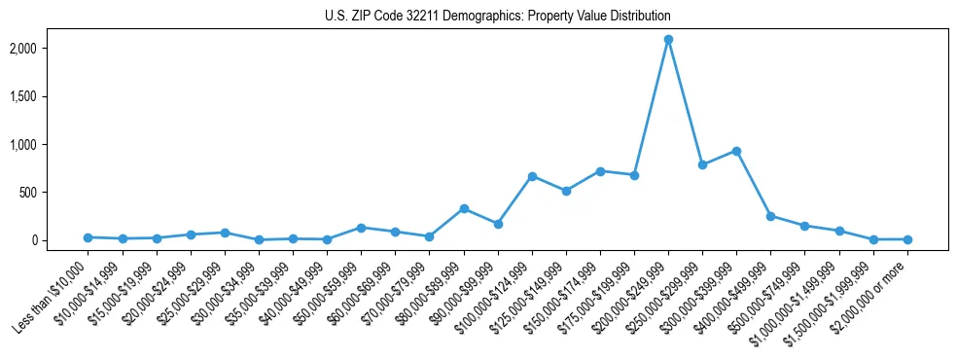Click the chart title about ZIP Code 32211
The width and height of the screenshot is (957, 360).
497,17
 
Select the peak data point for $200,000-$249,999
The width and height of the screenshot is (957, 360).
668,40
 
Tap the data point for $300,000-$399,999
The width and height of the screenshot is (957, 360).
736,151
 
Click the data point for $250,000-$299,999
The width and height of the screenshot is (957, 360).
702,164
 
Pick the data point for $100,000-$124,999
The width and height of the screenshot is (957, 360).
532,176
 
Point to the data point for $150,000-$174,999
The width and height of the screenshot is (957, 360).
600,171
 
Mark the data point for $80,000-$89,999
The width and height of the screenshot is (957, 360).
464,208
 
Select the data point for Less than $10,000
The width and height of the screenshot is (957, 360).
88,237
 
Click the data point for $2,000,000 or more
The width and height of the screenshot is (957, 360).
907,239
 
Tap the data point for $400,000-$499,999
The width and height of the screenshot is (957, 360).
770,216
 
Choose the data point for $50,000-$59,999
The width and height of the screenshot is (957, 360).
361,228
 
